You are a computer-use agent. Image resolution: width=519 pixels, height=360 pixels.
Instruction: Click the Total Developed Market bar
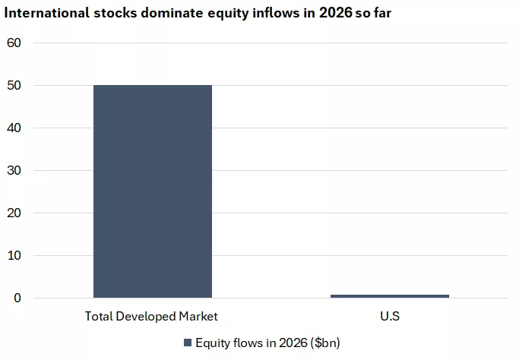coord(152,191)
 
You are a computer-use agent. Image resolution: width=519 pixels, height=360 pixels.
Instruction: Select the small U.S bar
coord(389,295)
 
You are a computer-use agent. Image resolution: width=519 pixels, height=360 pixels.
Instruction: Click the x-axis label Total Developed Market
coord(152,316)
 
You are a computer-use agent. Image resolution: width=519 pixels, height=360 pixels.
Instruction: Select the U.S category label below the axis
coord(389,316)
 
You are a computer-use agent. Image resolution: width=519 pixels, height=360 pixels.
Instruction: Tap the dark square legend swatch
coord(188,343)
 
